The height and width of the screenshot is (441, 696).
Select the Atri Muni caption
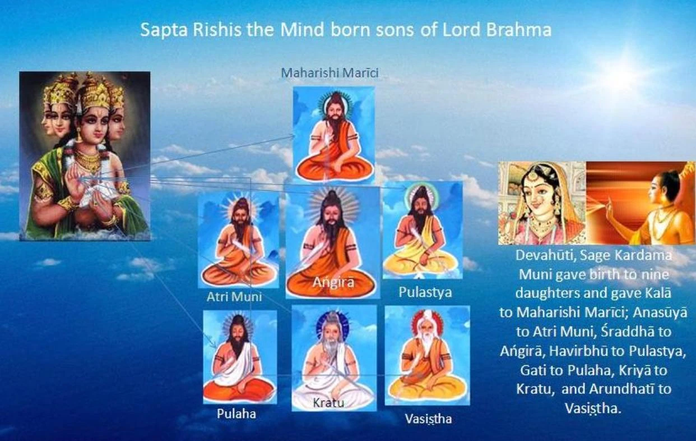click(234, 296)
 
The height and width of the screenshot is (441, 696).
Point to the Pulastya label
click(425, 292)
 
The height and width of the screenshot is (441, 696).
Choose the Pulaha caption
click(236, 414)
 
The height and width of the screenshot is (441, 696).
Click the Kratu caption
click(328, 402)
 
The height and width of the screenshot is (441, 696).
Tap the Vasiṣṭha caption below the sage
click(428, 419)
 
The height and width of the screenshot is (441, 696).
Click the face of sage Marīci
click(334, 107)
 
